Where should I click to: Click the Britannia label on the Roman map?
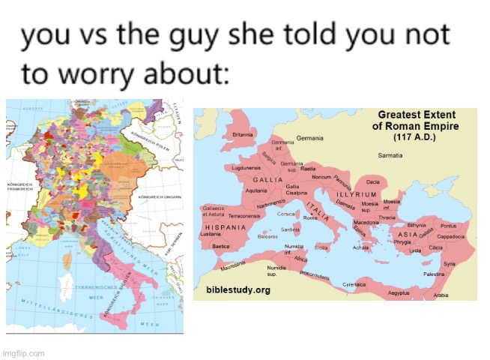[x=243, y=135]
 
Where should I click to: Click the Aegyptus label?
[x=399, y=293]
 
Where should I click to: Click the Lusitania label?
[x=211, y=234]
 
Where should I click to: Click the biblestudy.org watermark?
[x=238, y=289]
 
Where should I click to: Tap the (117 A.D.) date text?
[x=414, y=138]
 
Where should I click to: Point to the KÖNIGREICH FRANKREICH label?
[x=18, y=187]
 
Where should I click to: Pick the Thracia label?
[x=387, y=217]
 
